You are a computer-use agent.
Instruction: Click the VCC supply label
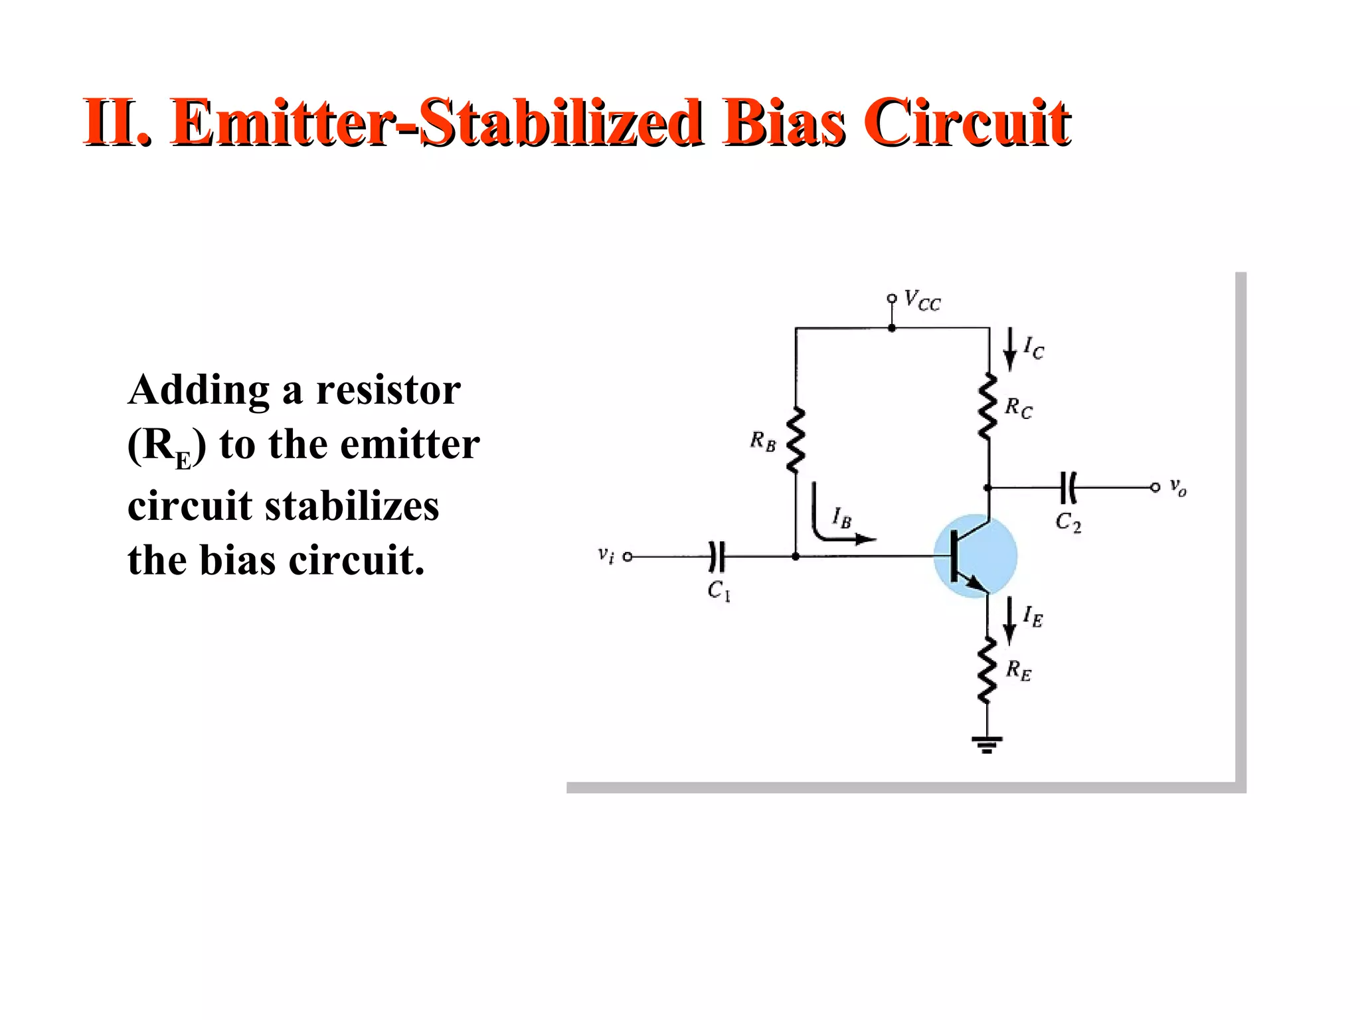coord(922,301)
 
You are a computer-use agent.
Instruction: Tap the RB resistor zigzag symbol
coord(795,440)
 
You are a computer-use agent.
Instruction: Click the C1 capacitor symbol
coord(717,556)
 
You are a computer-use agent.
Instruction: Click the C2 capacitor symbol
coord(1068,488)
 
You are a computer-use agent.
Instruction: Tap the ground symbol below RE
coord(987,744)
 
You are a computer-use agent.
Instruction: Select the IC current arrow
coord(1010,349)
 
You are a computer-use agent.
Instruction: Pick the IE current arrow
coord(1009,620)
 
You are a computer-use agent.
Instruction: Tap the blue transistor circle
coord(975,556)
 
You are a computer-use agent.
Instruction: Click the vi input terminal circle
coord(628,556)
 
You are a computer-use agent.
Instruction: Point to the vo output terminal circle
coord(1155,488)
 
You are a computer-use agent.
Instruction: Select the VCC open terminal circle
coord(892,299)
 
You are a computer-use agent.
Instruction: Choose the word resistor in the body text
coord(388,390)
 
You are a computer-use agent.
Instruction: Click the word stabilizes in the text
coord(352,506)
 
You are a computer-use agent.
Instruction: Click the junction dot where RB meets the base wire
coord(796,556)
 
